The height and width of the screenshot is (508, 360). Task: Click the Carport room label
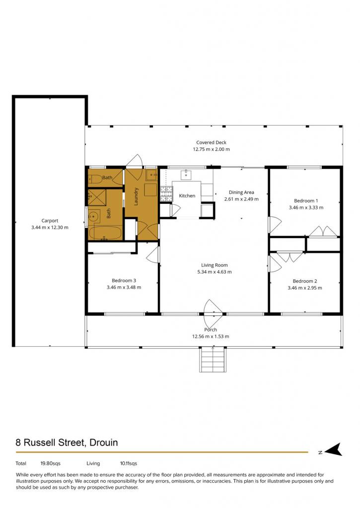(50, 221)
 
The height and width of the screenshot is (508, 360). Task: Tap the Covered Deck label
(211, 142)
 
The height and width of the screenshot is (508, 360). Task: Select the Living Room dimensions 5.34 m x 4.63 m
(215, 272)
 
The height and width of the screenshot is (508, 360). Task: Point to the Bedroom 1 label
(306, 200)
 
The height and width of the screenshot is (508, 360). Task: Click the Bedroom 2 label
(305, 281)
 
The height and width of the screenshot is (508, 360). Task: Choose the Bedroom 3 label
(124, 280)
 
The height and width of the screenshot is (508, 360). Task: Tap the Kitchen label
(187, 195)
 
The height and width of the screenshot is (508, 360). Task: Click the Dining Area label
(241, 192)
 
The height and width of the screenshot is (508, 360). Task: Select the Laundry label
(136, 196)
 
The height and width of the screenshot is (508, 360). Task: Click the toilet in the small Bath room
(95, 178)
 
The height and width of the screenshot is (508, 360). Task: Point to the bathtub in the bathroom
(105, 233)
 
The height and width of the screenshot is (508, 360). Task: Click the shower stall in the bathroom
(97, 197)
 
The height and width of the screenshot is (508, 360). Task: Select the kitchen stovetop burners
(166, 193)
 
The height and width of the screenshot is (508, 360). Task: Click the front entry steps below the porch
(213, 360)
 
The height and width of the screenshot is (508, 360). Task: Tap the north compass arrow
(333, 449)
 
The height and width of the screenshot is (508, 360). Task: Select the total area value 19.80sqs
(50, 463)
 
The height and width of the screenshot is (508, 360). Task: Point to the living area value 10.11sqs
(129, 463)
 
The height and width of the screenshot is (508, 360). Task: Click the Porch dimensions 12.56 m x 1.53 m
(211, 336)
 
